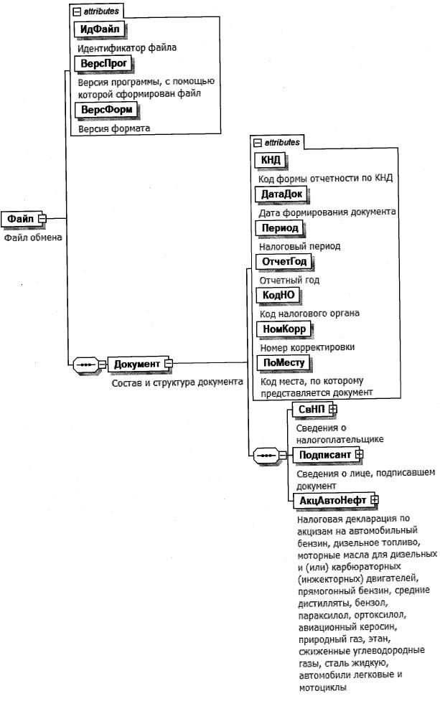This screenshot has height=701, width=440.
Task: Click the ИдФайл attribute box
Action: pyautogui.click(x=100, y=29)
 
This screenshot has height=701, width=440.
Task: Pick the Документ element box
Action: pyautogui.click(x=136, y=364)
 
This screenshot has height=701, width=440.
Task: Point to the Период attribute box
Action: pyautogui.click(x=277, y=227)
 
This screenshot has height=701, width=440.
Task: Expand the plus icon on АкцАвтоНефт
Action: pyautogui.click(x=374, y=500)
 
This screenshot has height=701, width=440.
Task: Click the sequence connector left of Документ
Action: pyautogui.click(x=86, y=364)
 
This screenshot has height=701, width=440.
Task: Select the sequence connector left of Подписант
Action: pyautogui.click(x=268, y=455)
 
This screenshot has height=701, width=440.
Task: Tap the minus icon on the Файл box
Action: pyautogui.click(x=42, y=218)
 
